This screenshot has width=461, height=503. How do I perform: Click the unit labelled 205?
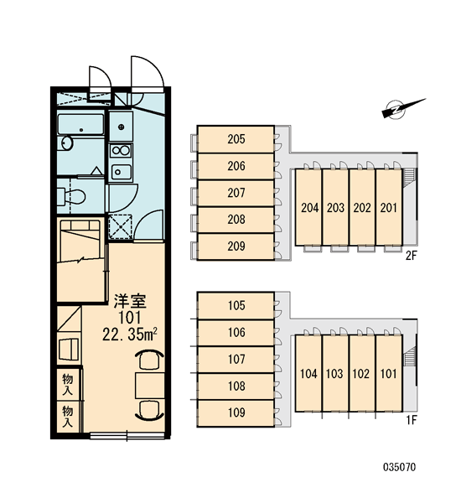pos(236,139)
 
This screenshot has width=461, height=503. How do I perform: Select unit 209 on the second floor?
pos(236,246)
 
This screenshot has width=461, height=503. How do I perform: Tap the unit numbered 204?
pos(308,207)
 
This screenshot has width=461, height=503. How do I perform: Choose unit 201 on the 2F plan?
pos(389,207)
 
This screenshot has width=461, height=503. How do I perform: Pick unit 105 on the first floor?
pos(236,306)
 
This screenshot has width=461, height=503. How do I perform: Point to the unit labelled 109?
pos(236,412)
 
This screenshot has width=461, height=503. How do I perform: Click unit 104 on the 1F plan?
pos(308,373)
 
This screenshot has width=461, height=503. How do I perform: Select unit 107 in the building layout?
pos(236,360)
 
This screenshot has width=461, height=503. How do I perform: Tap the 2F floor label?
pos(411,256)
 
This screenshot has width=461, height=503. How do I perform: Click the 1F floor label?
pos(411,420)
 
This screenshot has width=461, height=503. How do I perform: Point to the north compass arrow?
pos(403,108)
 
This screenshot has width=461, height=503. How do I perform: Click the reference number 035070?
pos(400,467)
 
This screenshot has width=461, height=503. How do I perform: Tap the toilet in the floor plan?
pos(71,195)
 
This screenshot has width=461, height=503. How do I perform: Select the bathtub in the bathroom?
pos(80,124)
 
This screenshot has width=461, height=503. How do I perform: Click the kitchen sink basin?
pos(121,172)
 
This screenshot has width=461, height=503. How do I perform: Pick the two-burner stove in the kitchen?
pos(121,150)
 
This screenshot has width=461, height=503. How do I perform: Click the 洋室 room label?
pos(130,301)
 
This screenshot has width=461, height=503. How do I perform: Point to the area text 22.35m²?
pos(130,335)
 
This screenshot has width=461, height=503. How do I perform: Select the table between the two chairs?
pos(149,386)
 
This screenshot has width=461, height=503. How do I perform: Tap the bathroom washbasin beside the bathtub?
pos(67,143)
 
